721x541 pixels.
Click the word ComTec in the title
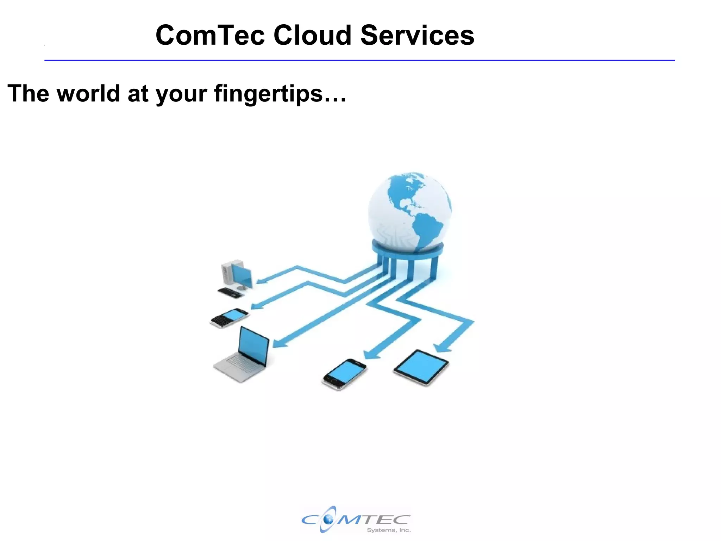pos(210,35)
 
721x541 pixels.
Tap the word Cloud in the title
pos(312,35)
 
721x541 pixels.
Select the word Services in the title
pos(417,35)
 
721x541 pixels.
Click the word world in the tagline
pos(88,93)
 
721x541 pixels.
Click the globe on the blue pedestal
pos(410,211)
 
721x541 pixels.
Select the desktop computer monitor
pos(242,276)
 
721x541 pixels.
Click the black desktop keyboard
pos(231,293)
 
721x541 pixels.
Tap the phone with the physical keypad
pos(229,318)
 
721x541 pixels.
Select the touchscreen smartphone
pos(344,374)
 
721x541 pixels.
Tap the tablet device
pos(421,367)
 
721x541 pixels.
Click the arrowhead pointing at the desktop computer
pos(261,281)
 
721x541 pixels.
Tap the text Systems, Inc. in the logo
pos(389,530)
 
